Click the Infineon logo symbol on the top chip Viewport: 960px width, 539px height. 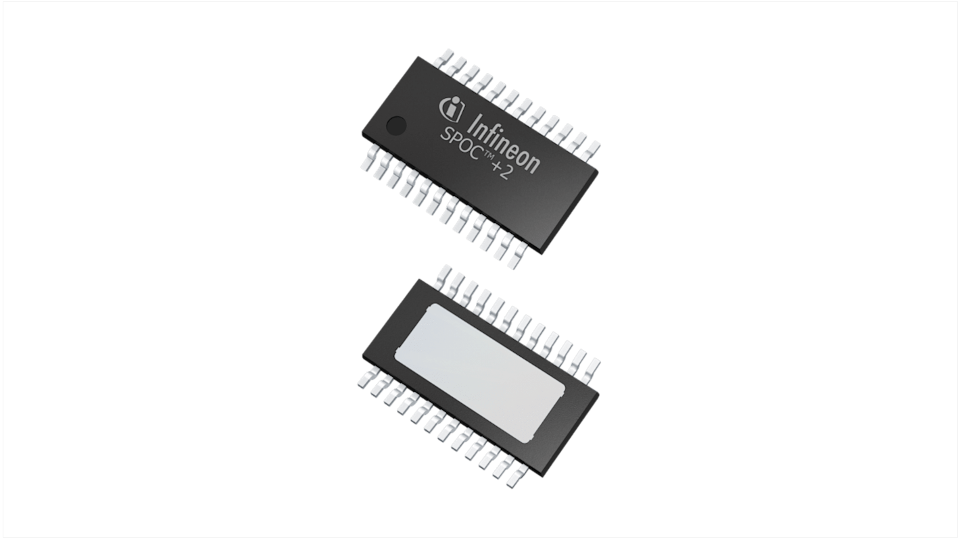click(452, 107)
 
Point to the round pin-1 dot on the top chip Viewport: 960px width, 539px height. click(396, 125)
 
